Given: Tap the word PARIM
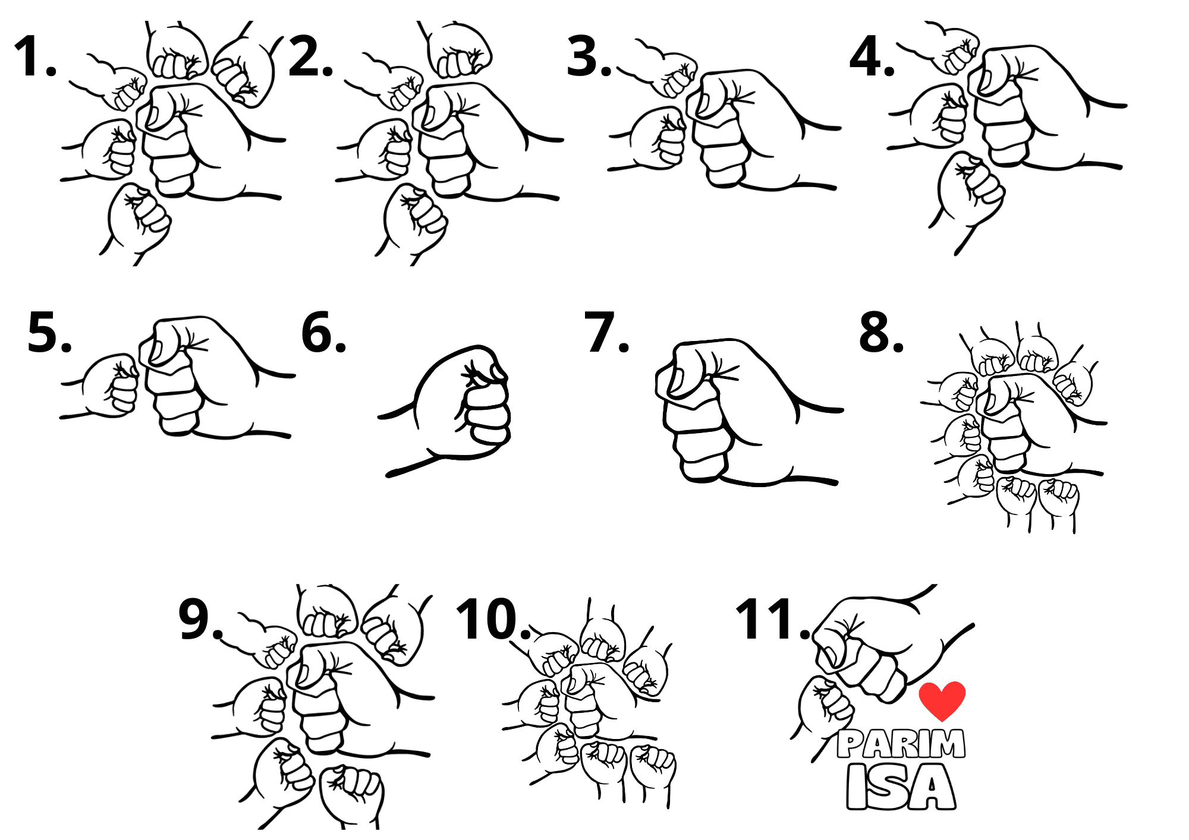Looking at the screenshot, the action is [901, 744].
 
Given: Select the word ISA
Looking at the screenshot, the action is [901, 787].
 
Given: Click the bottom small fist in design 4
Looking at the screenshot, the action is [969, 193].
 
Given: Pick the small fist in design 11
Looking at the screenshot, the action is [823, 713].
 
